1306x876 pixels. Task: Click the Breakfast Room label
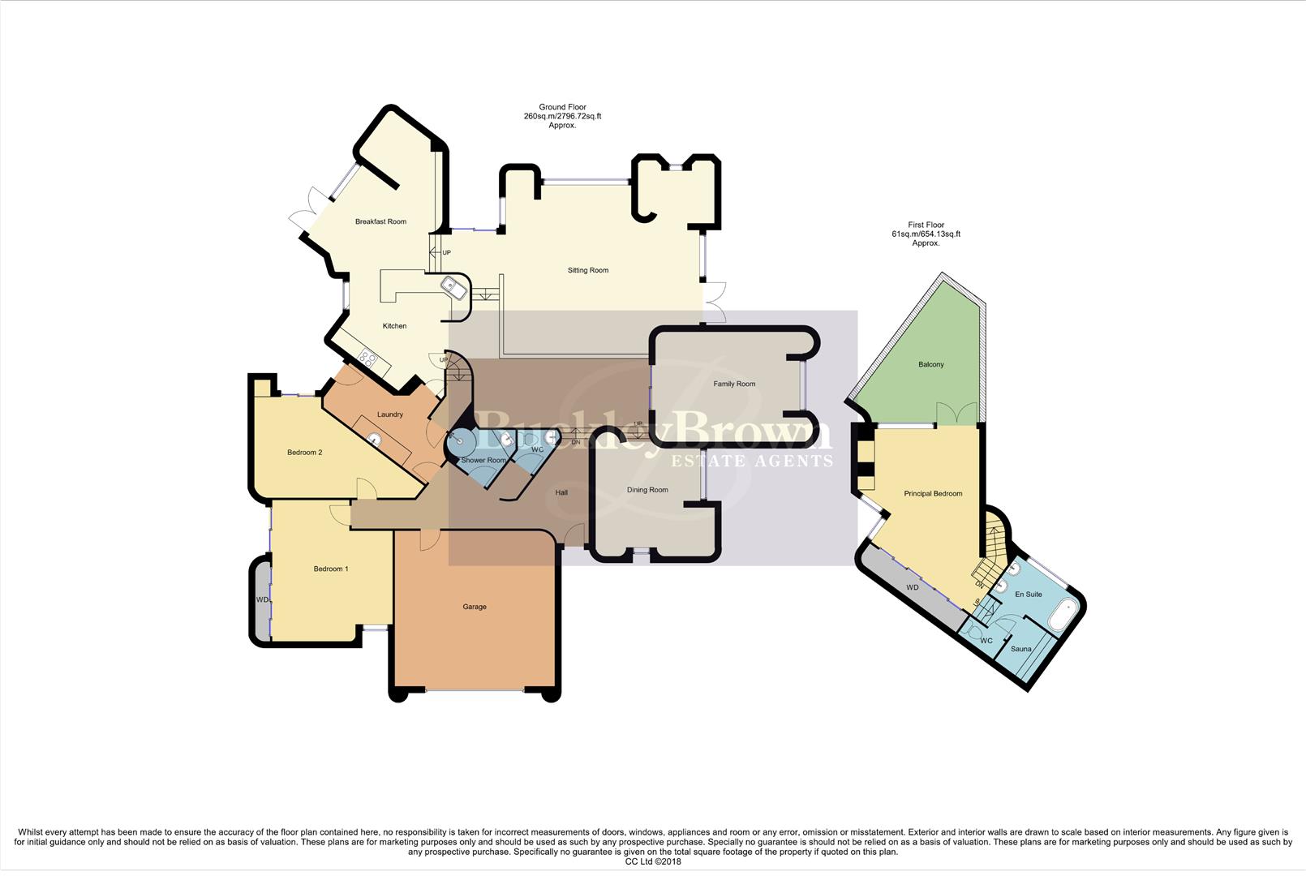click(380, 221)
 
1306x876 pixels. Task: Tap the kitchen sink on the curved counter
click(451, 286)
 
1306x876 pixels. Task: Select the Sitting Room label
click(587, 270)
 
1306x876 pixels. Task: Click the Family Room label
click(733, 384)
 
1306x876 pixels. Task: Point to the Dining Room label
click(647, 490)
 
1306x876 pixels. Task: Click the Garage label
click(475, 607)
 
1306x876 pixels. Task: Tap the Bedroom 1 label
click(331, 569)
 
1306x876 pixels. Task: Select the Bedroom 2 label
click(304, 452)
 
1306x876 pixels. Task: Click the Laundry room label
click(389, 414)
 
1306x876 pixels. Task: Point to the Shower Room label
click(483, 460)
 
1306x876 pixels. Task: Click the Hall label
click(561, 492)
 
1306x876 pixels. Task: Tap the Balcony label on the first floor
click(930, 364)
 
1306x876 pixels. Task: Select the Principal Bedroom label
click(933, 493)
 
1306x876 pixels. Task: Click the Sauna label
click(1020, 649)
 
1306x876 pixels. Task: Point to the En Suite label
click(1028, 595)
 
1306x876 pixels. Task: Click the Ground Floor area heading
click(562, 116)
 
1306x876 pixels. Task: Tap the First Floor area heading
click(926, 234)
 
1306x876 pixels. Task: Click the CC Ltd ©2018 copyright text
click(652, 861)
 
